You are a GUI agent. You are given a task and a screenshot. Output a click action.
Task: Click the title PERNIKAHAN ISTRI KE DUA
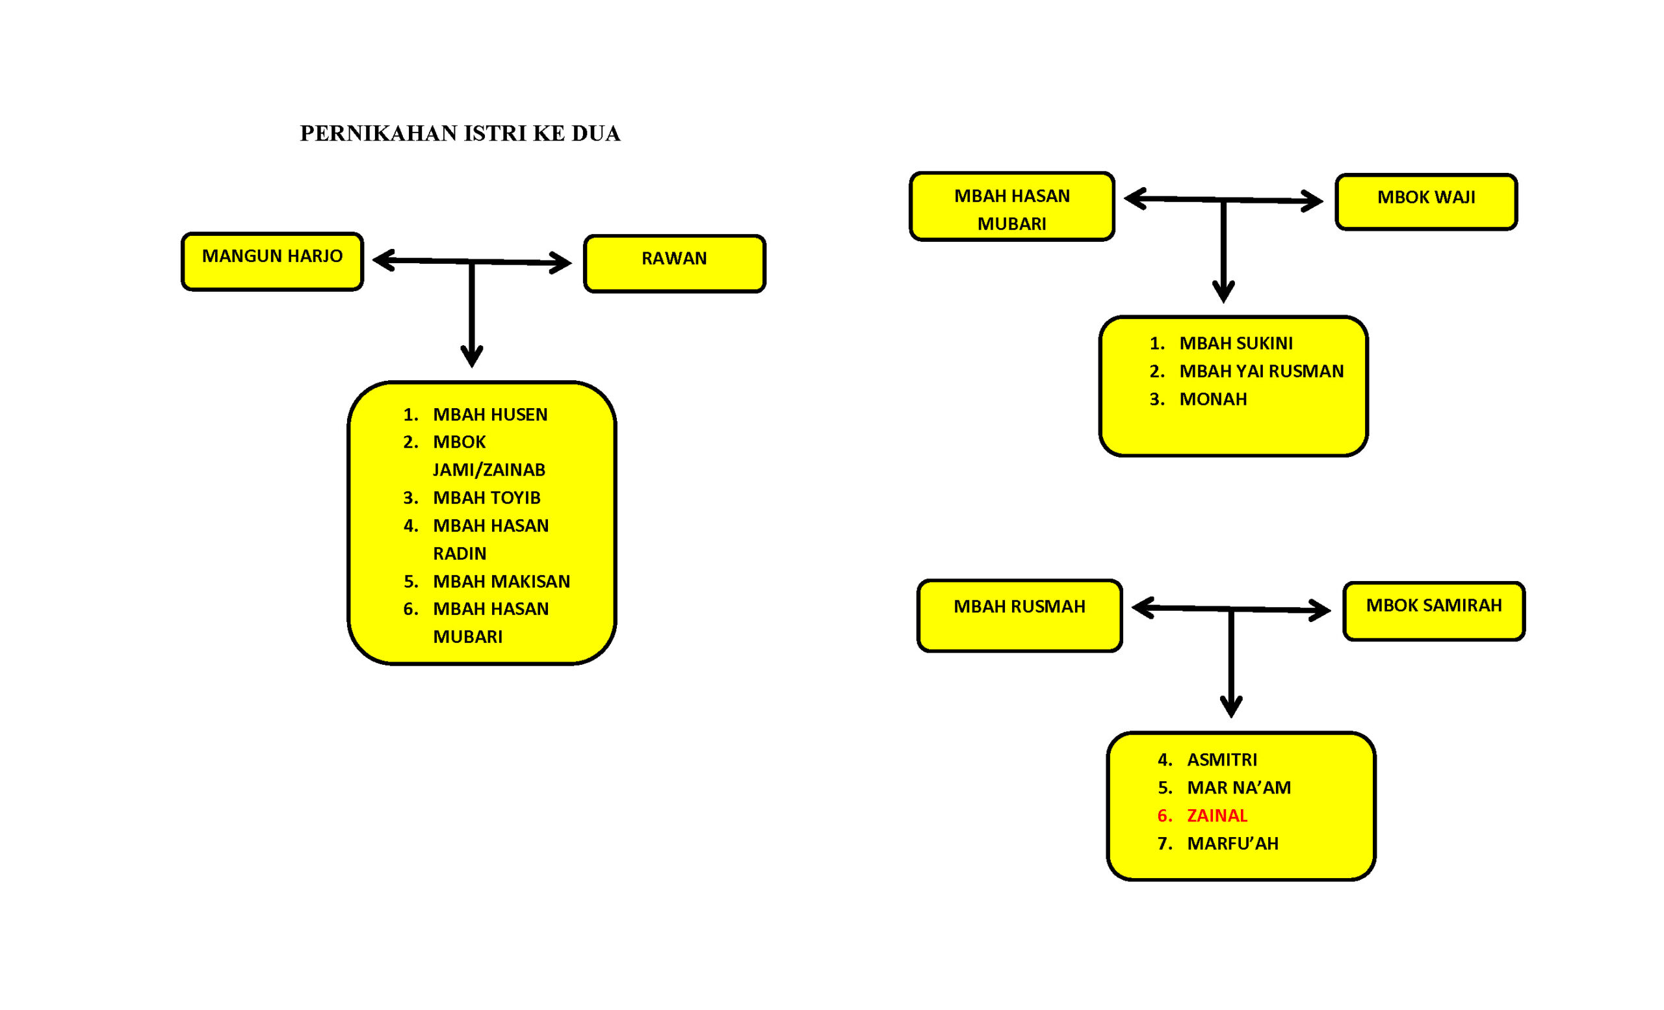click(460, 134)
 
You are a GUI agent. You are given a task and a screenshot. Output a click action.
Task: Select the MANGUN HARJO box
click(272, 262)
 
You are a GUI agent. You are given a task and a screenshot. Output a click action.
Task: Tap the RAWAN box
click(675, 264)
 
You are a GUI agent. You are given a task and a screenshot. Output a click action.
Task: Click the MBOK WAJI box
click(1426, 202)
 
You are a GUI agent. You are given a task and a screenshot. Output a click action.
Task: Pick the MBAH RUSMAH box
click(1020, 615)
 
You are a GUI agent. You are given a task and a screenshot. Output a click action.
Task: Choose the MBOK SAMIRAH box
click(1435, 611)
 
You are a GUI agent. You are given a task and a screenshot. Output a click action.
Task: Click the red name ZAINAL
click(1217, 816)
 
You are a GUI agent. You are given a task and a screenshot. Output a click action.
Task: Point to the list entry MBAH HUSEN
click(489, 415)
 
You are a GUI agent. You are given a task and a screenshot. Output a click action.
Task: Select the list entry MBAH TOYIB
click(486, 498)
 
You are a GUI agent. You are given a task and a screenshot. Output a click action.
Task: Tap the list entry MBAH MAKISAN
click(501, 581)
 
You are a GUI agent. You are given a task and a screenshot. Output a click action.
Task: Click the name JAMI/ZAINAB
click(489, 470)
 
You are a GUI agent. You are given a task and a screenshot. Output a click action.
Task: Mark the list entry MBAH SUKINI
click(1236, 344)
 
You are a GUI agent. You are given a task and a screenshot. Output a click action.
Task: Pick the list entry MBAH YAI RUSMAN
click(1262, 371)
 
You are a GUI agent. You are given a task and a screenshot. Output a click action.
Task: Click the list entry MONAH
click(1213, 399)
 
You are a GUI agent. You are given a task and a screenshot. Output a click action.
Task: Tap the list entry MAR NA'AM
click(1238, 788)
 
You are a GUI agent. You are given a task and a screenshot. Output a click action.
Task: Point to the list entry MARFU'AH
click(1232, 843)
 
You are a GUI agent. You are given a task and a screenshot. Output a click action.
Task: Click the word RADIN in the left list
click(459, 554)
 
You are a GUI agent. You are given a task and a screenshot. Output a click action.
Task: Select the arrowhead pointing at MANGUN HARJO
click(383, 261)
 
